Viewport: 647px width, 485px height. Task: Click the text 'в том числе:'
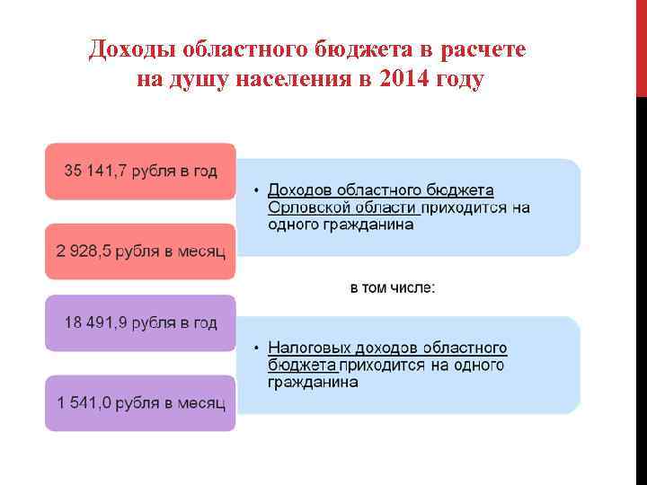coord(391,288)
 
